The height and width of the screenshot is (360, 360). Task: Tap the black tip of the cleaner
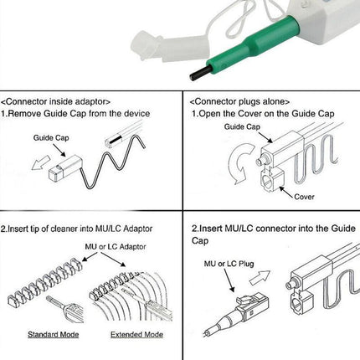coord(199,73)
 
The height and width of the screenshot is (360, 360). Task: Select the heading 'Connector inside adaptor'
coord(55,101)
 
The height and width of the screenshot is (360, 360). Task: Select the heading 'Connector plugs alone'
coord(239,101)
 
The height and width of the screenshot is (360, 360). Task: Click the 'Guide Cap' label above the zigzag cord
coord(51,138)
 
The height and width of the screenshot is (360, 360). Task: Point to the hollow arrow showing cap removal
coord(40,163)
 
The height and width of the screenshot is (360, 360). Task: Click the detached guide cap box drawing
coord(65,167)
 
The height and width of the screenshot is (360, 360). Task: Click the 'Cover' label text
coord(304,197)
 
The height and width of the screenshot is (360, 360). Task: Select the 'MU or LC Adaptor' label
coord(116,247)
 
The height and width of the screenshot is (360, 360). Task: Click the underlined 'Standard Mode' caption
coord(53,334)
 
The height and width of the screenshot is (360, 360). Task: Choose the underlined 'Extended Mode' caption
coord(136,334)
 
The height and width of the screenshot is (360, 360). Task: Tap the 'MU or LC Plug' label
coord(229,264)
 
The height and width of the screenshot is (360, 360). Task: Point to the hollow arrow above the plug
coord(260,277)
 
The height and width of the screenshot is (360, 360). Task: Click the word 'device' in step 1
coord(136,114)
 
